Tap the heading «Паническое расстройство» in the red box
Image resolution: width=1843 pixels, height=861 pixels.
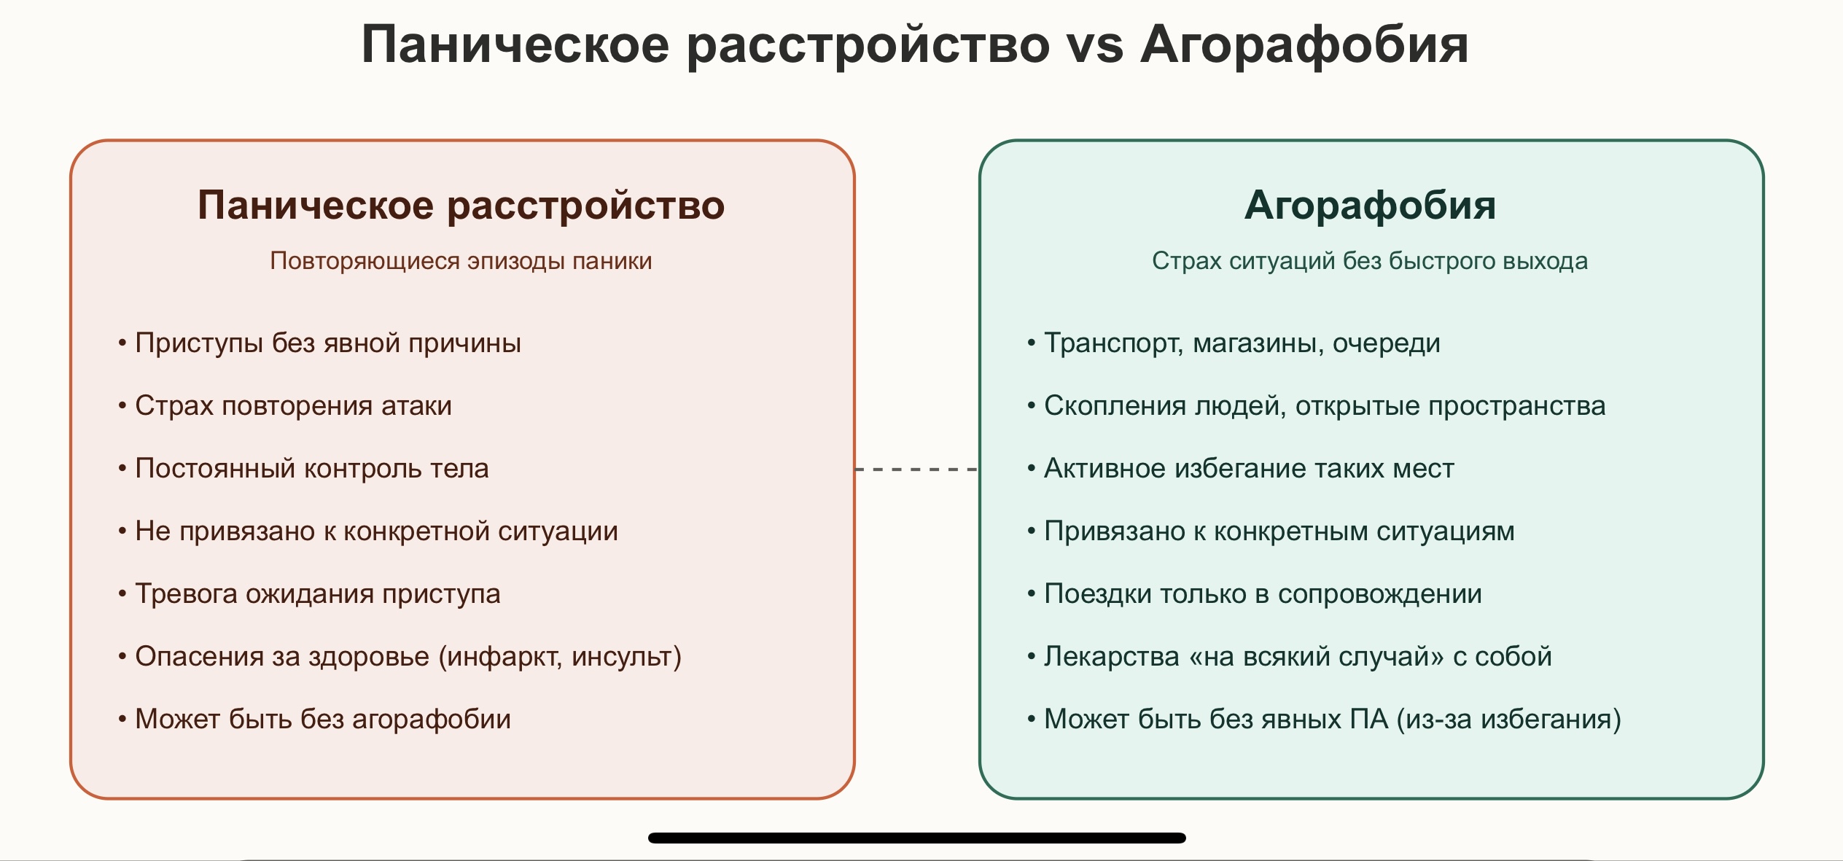(461, 205)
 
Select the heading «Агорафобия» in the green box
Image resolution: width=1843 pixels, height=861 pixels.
(1370, 205)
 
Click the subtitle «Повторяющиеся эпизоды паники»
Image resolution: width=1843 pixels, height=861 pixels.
(461, 261)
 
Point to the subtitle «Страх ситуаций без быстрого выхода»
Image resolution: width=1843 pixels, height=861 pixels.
(1370, 261)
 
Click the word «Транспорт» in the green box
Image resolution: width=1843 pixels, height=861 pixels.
(1113, 343)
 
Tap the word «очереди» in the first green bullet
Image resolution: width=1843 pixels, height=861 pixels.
(1387, 343)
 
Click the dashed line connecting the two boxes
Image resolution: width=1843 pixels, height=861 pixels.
(916, 470)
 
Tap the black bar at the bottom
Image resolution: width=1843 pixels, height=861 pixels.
(917, 838)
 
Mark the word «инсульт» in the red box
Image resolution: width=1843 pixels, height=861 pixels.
(621, 657)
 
